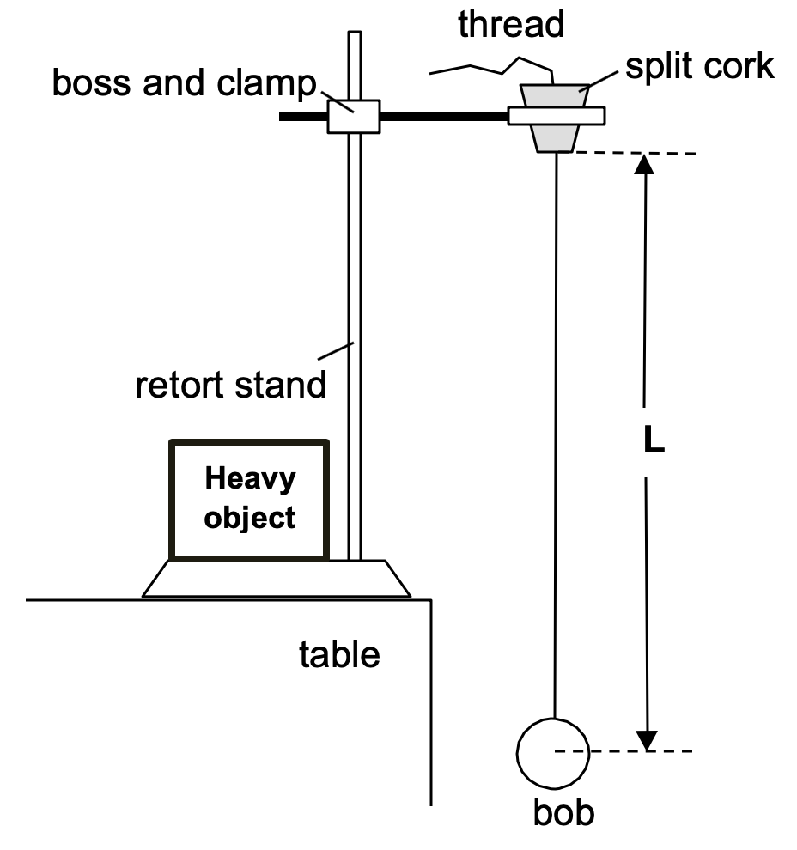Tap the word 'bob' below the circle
pos(563,811)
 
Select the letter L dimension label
pos(654,443)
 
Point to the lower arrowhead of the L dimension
pos(646,740)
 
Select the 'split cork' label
pos(699,66)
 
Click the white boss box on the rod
pos(354,116)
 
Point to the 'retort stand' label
pos(231,385)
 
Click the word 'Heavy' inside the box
pos(249,478)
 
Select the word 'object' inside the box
pos(250,518)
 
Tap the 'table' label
pos(339,654)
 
